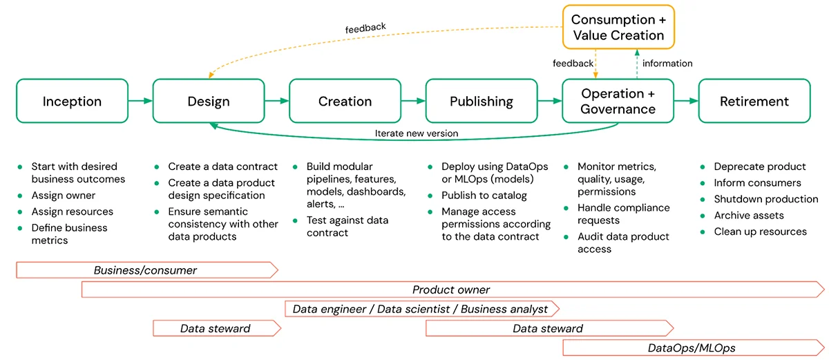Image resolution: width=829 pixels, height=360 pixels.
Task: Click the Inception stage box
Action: tap(72, 102)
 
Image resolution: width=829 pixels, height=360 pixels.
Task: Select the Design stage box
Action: tap(209, 102)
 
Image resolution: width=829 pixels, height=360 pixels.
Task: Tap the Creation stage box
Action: tap(345, 102)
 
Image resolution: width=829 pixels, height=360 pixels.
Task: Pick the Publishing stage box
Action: tap(482, 102)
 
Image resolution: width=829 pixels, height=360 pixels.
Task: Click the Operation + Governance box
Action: tap(618, 102)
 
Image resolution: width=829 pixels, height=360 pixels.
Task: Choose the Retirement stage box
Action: tap(754, 102)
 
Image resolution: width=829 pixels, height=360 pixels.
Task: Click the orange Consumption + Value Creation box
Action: tap(618, 28)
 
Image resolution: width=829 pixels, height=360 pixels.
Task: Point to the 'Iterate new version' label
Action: tap(416, 133)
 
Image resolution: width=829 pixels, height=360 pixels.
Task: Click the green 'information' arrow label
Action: tap(667, 64)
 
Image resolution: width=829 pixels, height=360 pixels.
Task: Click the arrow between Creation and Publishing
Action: tap(413, 102)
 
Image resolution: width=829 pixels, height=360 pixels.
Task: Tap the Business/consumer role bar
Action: tap(146, 270)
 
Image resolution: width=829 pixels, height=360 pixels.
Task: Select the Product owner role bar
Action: tap(451, 290)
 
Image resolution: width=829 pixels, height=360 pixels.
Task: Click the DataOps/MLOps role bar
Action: tap(691, 348)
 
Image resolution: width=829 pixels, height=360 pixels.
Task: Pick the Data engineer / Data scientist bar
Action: tap(420, 309)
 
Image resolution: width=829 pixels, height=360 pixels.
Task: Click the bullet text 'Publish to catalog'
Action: tap(484, 196)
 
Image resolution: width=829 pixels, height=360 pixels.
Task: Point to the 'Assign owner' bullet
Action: tap(64, 196)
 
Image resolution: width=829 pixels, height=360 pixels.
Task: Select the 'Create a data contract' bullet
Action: tap(222, 167)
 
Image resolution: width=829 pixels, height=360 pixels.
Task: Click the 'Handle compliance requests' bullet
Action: tap(623, 214)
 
